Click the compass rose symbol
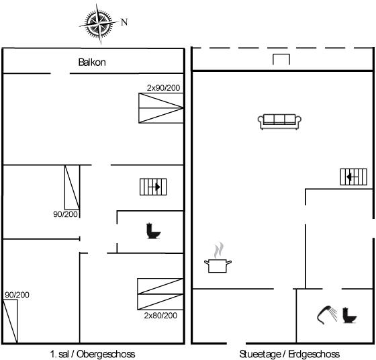(99, 24)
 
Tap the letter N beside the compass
(124, 22)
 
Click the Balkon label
(92, 62)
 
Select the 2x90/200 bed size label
(163, 88)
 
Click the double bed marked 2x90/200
(161, 108)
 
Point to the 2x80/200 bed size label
(160, 315)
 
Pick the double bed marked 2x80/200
(160, 294)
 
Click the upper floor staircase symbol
(153, 187)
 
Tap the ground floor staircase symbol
(353, 177)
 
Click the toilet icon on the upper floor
(153, 231)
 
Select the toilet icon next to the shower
(349, 315)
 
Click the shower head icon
(327, 315)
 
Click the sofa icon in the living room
(279, 122)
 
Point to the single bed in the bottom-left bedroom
(10, 321)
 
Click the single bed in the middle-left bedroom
(72, 187)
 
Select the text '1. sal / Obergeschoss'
(93, 354)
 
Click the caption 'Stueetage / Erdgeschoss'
(289, 354)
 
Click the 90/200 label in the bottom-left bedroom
(17, 295)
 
